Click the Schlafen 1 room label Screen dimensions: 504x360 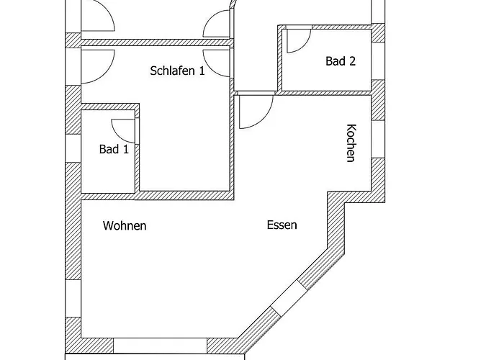(x=177, y=71)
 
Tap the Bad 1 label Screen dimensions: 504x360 (x=114, y=149)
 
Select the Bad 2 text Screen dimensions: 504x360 (x=341, y=61)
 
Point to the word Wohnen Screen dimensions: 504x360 (x=125, y=225)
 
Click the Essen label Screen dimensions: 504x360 (x=282, y=225)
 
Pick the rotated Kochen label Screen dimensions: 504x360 (x=351, y=143)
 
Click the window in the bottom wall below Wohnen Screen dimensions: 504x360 (x=160, y=346)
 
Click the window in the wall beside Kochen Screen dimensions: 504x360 (x=378, y=139)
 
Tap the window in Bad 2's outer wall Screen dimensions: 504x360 (x=378, y=60)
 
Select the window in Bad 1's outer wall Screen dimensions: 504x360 (x=73, y=148)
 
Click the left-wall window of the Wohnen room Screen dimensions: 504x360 (x=73, y=298)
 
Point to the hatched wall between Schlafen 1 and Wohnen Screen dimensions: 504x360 (x=158, y=196)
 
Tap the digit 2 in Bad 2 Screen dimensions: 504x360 (x=352, y=60)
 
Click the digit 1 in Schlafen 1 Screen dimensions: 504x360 (x=202, y=71)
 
